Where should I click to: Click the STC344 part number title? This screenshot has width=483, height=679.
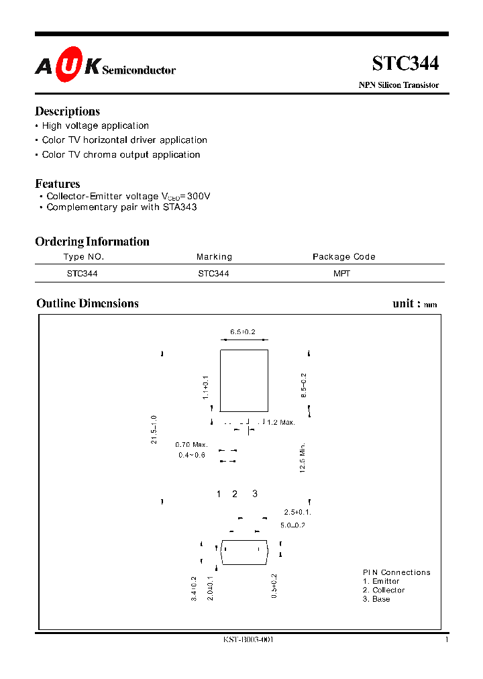[x=405, y=64]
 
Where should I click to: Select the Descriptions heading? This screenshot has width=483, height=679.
[x=67, y=111]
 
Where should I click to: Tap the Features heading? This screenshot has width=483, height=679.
[x=58, y=184]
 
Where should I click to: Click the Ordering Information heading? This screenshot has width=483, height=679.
[x=92, y=242]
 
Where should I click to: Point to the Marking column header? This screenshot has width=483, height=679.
[x=214, y=257]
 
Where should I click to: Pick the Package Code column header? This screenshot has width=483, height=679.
[x=343, y=257]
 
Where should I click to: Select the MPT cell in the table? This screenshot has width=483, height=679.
[x=341, y=274]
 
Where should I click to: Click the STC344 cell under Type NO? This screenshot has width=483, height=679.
[x=83, y=274]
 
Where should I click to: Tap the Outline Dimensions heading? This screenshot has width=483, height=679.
[x=87, y=303]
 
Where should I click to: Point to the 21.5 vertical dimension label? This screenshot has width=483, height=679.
[x=154, y=429]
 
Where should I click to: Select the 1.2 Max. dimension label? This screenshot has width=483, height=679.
[x=280, y=422]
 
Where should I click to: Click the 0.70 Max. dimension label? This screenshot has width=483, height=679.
[x=191, y=445]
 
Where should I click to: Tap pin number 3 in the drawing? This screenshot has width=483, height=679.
[x=255, y=494]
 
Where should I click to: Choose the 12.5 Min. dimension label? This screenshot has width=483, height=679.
[x=303, y=458]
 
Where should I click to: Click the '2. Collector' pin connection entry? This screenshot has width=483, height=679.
[x=384, y=590]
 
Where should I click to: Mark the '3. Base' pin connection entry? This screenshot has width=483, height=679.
[x=376, y=599]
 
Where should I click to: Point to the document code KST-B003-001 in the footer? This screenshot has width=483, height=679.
[x=248, y=640]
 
